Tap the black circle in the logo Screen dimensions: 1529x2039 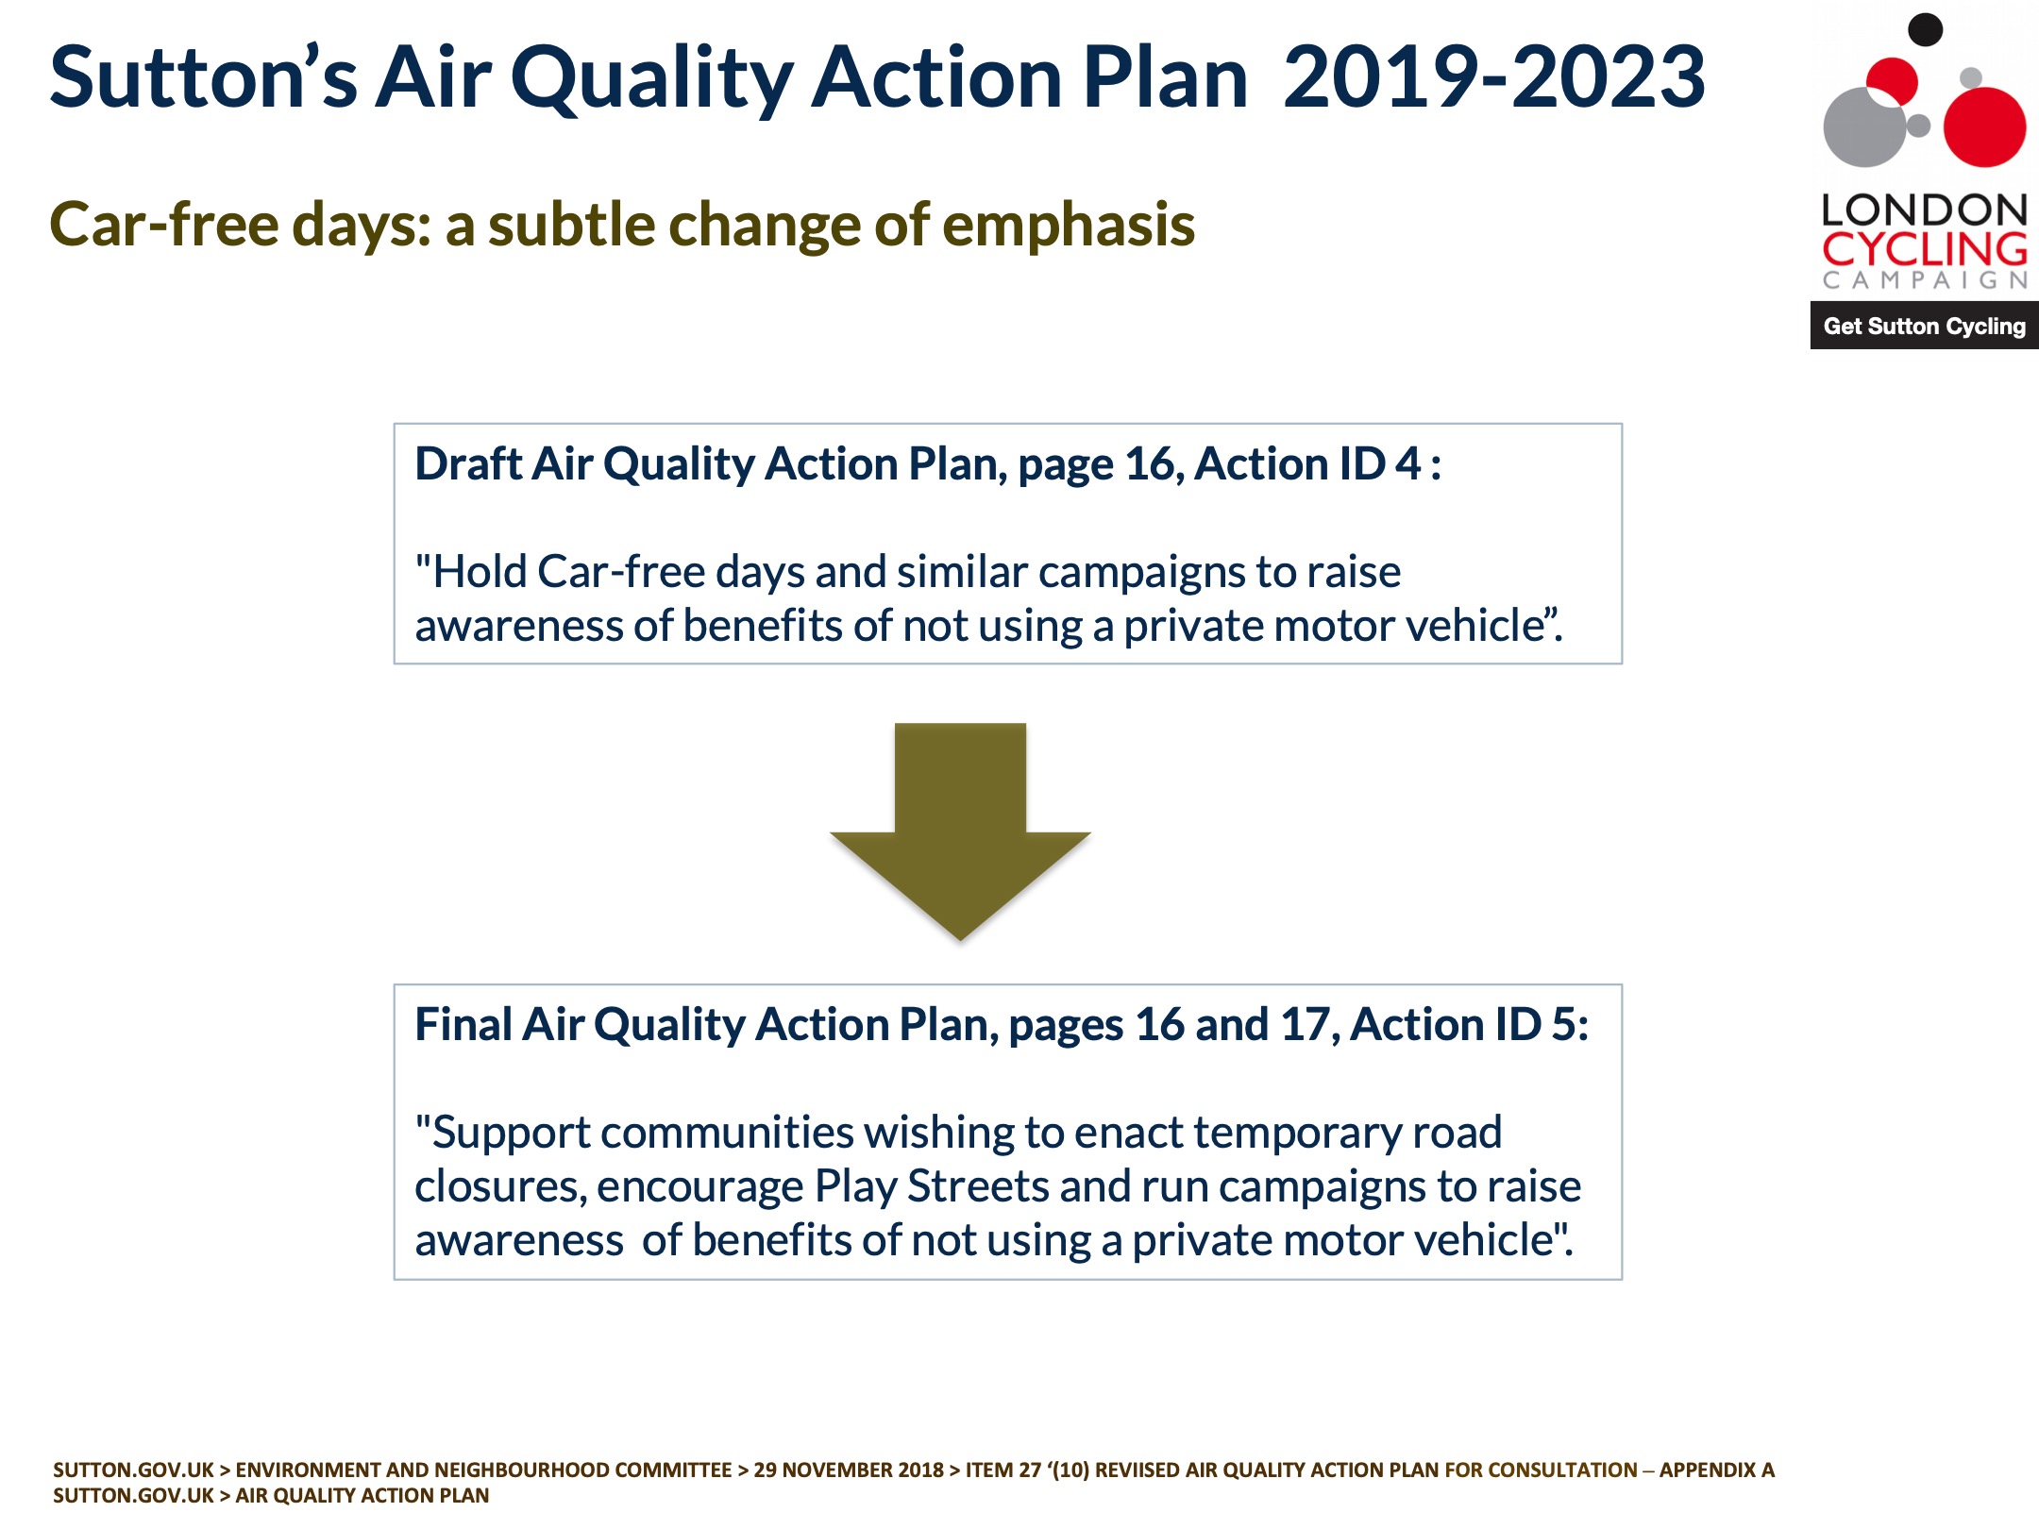click(1925, 29)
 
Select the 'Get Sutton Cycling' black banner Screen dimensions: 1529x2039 click(1924, 326)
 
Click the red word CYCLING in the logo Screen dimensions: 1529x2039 click(1924, 249)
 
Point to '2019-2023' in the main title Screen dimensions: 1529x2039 click(1493, 77)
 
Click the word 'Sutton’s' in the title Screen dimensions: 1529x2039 click(203, 77)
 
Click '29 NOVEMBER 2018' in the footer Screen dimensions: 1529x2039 click(849, 1470)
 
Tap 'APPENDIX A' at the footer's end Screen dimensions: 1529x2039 click(1717, 1470)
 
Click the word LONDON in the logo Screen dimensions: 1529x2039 click(1924, 210)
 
